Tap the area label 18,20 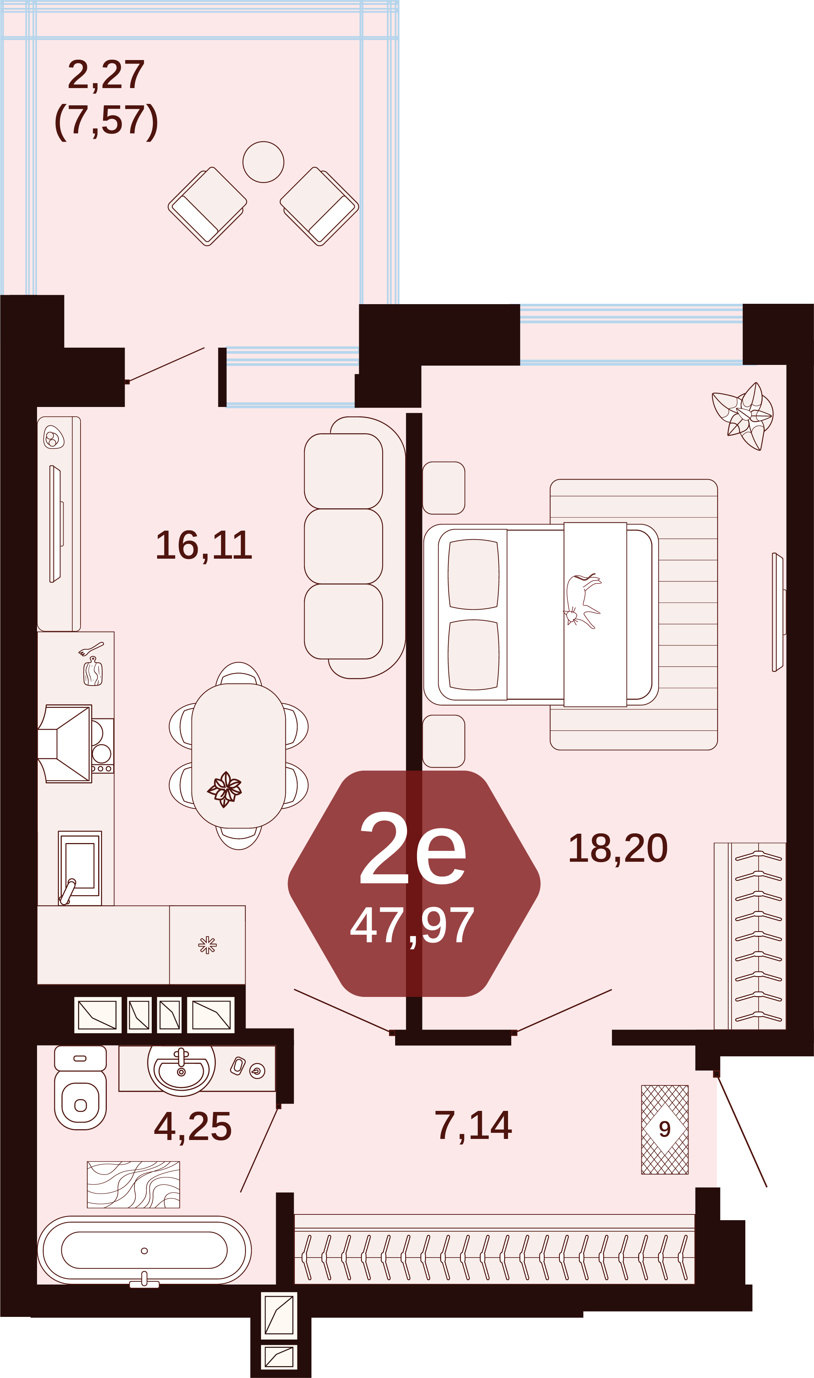618,848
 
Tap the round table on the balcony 263,162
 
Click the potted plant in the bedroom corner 743,416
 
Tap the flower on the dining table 224,789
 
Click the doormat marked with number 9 665,1130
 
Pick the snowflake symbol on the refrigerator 207,945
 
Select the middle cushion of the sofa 343,546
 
